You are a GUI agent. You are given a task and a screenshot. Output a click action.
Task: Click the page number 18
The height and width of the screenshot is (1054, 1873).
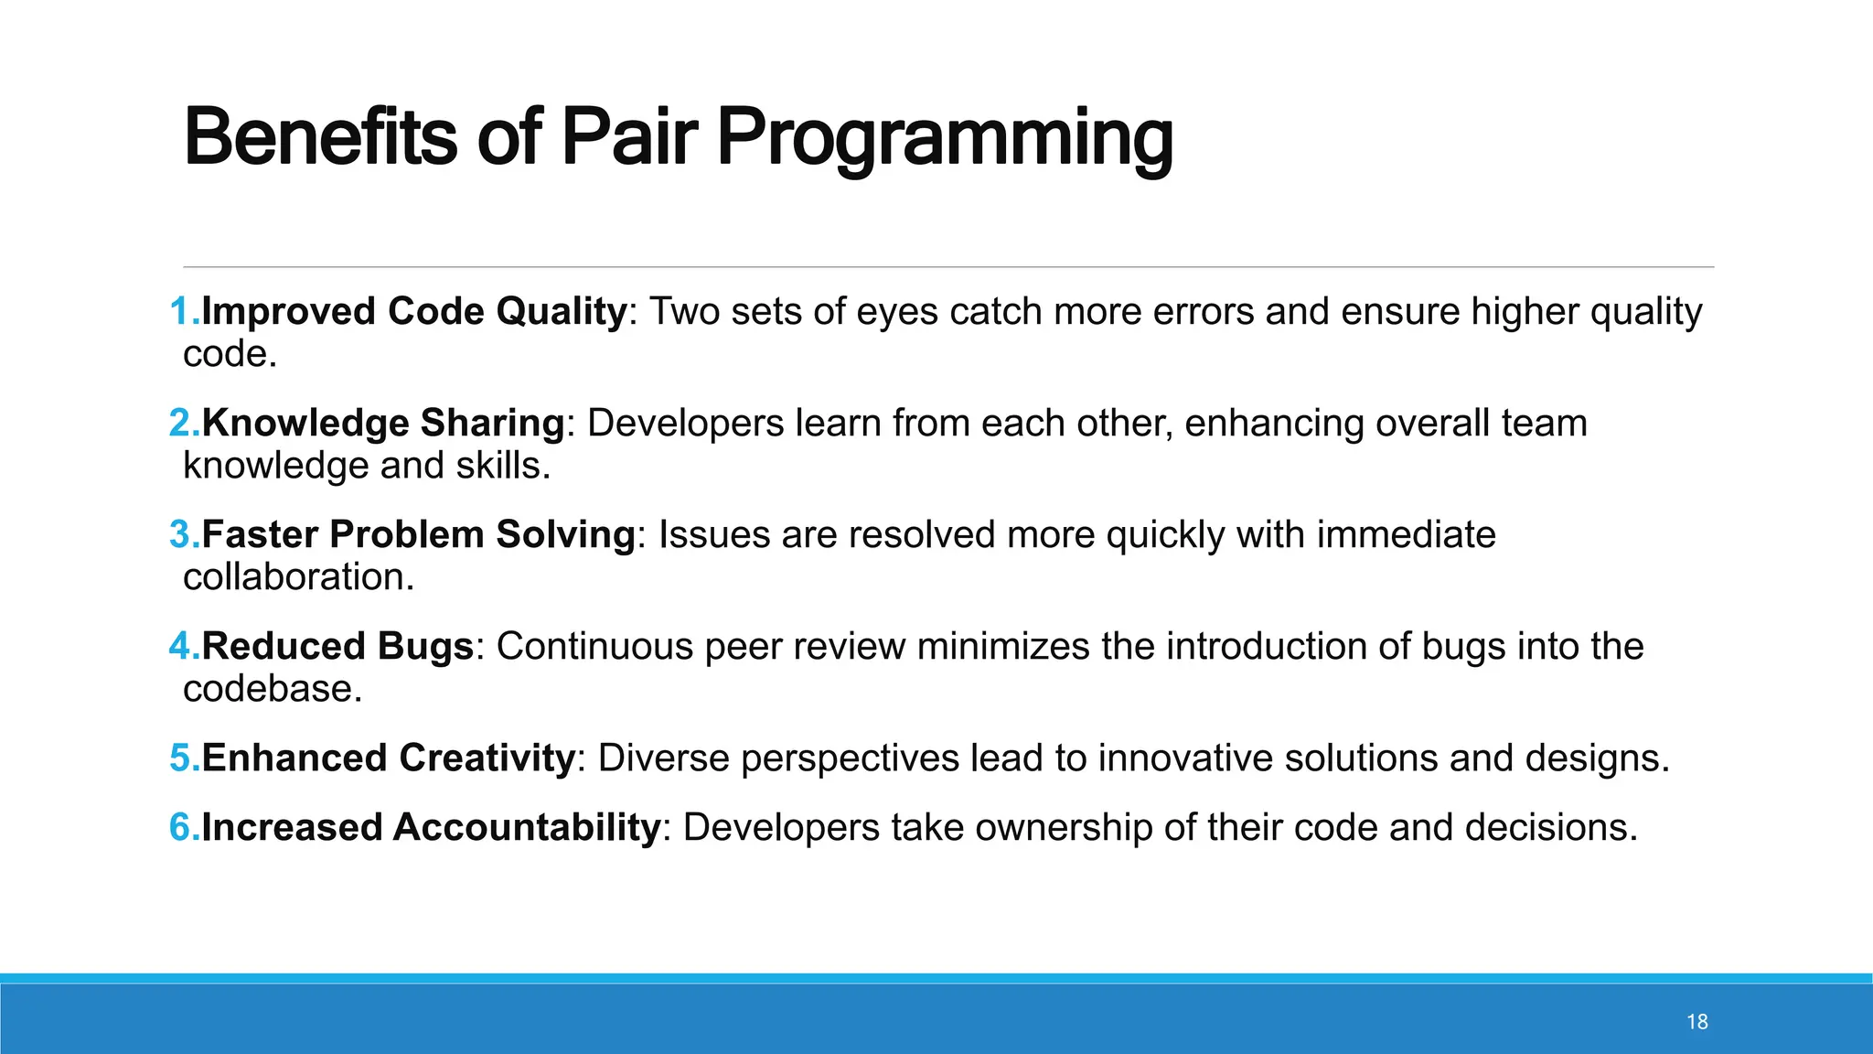[1696, 1022]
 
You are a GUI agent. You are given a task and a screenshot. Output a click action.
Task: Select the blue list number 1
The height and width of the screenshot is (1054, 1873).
[182, 312]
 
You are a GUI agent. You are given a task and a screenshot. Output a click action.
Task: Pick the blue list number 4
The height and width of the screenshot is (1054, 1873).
[182, 647]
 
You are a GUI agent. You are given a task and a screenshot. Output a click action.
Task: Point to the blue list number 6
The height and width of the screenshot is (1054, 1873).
[182, 828]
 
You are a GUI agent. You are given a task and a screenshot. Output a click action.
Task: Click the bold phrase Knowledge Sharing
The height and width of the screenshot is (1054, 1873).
[383, 424]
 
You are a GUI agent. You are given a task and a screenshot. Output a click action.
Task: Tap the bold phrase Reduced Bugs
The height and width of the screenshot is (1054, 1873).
[337, 647]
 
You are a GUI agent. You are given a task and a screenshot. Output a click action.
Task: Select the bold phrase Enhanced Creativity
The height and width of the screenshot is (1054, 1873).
[388, 758]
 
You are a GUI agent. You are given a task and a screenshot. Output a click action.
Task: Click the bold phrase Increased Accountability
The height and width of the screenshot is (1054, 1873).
[431, 828]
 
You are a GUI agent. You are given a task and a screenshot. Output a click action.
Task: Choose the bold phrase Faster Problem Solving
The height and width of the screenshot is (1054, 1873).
[418, 535]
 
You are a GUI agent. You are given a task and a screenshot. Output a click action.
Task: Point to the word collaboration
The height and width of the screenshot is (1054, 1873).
[298, 577]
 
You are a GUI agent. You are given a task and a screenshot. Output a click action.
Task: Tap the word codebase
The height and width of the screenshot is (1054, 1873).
[272, 689]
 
